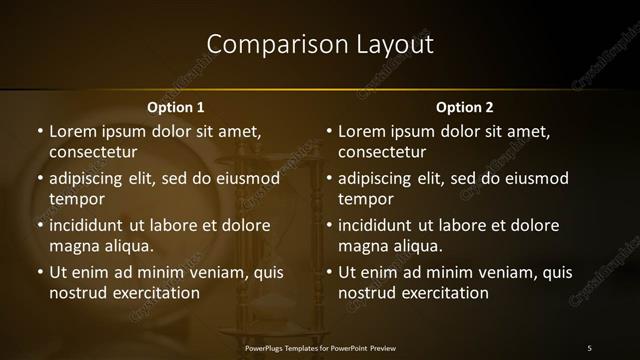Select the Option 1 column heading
click(x=176, y=107)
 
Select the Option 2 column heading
click(x=465, y=107)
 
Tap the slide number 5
click(x=589, y=347)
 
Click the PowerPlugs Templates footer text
click(x=320, y=347)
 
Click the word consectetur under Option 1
click(x=93, y=152)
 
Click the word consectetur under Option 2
click(x=382, y=152)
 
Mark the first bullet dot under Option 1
click(x=39, y=131)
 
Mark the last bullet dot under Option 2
click(x=328, y=272)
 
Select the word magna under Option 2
click(x=362, y=245)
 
